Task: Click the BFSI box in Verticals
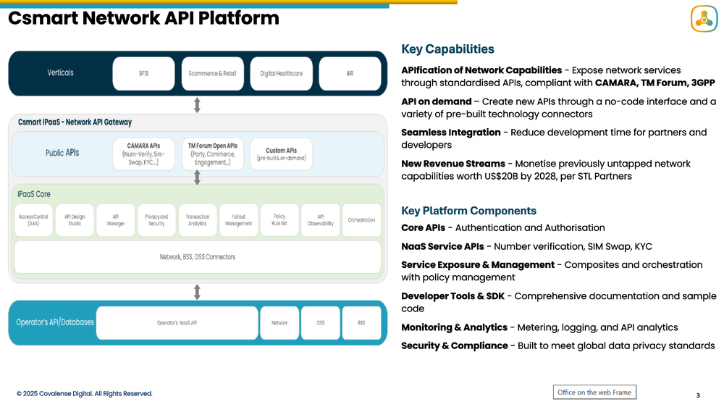pyautogui.click(x=143, y=73)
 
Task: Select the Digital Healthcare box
pyautogui.click(x=282, y=73)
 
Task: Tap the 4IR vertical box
pyautogui.click(x=350, y=73)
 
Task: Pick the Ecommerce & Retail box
pyautogui.click(x=212, y=73)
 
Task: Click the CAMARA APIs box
pyautogui.click(x=143, y=154)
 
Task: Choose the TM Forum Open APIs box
pyautogui.click(x=212, y=154)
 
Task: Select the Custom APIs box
pyautogui.click(x=281, y=154)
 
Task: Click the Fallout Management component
pyautogui.click(x=238, y=220)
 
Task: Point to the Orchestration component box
pyautogui.click(x=361, y=220)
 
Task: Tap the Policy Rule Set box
pyautogui.click(x=279, y=220)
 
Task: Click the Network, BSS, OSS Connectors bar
pyautogui.click(x=197, y=257)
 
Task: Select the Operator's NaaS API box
pyautogui.click(x=177, y=323)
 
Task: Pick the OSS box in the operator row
pyautogui.click(x=320, y=323)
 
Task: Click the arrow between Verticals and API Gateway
pyautogui.click(x=197, y=106)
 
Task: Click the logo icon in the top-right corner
pyautogui.click(x=703, y=19)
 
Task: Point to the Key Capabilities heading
pyautogui.click(x=447, y=49)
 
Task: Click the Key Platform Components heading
pyautogui.click(x=468, y=211)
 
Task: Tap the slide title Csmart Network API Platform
pyautogui.click(x=143, y=18)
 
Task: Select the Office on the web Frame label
pyautogui.click(x=594, y=392)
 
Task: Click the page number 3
pyautogui.click(x=697, y=395)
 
